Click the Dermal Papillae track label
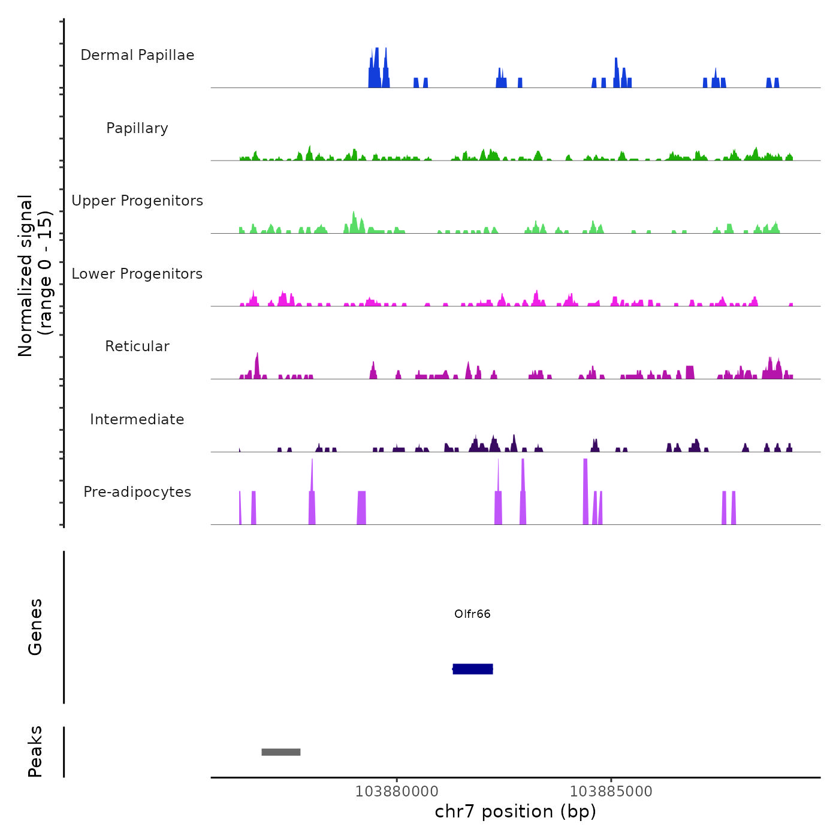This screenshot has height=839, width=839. tap(137, 55)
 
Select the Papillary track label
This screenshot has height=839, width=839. tap(137, 128)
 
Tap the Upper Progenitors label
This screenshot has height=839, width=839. tap(137, 201)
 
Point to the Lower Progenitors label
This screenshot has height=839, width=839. tap(137, 274)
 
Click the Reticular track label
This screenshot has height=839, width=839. tap(137, 346)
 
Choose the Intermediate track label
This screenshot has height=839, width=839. tap(137, 419)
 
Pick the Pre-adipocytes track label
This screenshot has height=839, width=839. tap(137, 492)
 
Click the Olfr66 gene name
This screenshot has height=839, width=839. tap(472, 614)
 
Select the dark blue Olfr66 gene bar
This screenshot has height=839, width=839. tap(473, 669)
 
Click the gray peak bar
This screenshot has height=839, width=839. tap(281, 752)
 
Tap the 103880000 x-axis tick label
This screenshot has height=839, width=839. tap(397, 792)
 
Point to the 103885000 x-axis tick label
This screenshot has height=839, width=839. tap(611, 792)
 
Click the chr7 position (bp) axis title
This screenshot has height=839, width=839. tap(515, 811)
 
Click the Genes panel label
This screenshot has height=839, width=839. tap(35, 627)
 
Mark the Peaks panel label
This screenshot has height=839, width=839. tap(35, 752)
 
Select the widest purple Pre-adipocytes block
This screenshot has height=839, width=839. tap(361, 508)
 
